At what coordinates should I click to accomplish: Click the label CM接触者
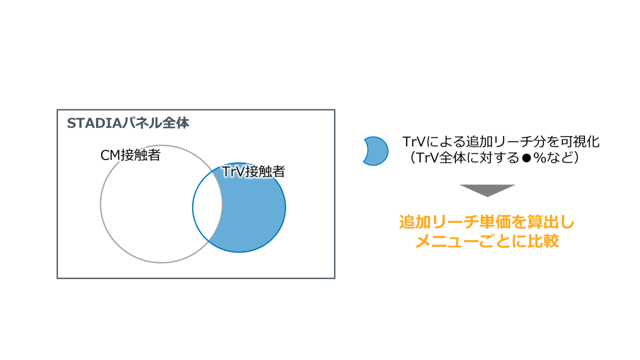(x=130, y=155)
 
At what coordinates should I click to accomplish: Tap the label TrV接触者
(x=253, y=172)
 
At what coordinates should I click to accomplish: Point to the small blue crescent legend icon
(x=375, y=150)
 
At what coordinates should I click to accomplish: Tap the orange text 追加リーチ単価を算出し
(x=487, y=222)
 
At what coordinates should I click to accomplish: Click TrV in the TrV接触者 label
(x=231, y=172)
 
